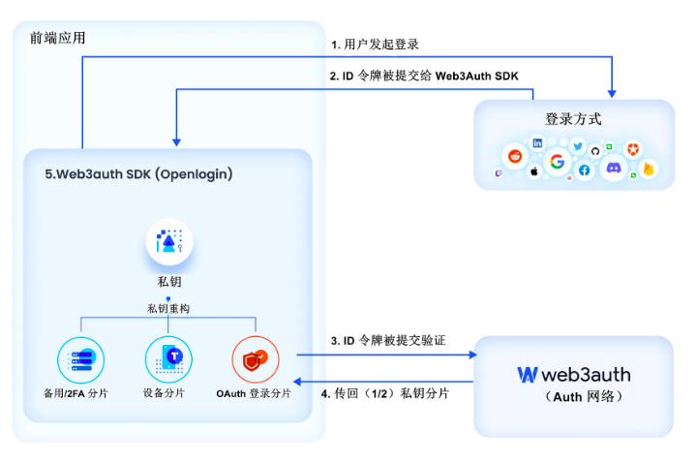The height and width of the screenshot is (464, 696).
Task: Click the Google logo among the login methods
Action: click(557, 162)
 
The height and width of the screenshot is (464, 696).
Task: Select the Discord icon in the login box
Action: click(613, 168)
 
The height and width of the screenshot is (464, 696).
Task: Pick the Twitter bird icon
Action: click(578, 146)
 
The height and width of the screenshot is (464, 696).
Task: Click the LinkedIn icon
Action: click(538, 142)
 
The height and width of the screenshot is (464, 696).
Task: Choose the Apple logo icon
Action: click(533, 172)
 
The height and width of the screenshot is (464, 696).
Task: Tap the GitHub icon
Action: click(595, 151)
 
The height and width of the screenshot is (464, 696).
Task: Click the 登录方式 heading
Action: click(574, 120)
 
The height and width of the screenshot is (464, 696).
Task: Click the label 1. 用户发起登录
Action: click(374, 45)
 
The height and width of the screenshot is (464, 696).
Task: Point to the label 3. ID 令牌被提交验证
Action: click(387, 340)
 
